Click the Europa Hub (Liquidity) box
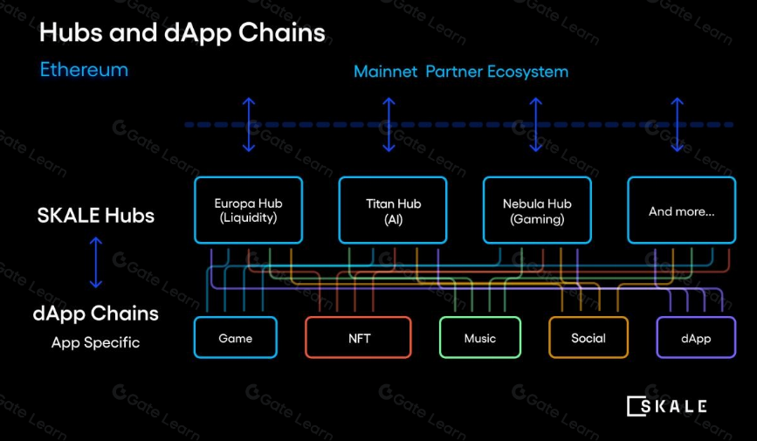click(248, 210)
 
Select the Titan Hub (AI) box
click(393, 210)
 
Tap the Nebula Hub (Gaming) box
click(537, 210)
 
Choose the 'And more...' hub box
click(682, 210)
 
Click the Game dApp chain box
click(235, 338)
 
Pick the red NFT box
click(358, 338)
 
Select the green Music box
click(479, 338)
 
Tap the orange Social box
click(588, 338)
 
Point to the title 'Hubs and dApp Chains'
click(182, 33)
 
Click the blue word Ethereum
click(84, 70)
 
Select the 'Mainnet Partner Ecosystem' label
click(460, 72)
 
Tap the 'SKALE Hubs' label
click(96, 216)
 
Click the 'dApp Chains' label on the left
click(96, 313)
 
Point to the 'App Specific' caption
click(95, 342)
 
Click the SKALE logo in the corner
click(667, 405)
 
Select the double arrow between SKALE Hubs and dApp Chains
click(96, 264)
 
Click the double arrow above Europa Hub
click(249, 124)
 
